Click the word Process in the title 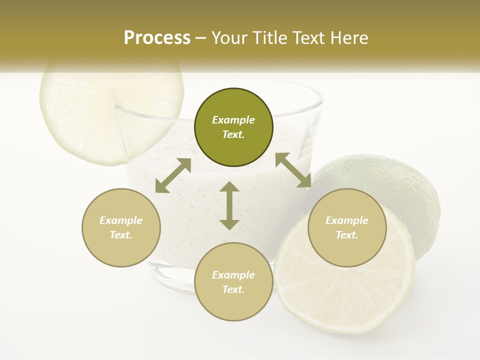click(157, 38)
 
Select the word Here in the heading click(348, 38)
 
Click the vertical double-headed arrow click(229, 205)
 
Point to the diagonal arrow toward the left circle click(173, 175)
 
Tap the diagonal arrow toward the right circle click(293, 170)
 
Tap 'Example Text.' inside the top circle click(233, 127)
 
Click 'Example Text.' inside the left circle click(121, 227)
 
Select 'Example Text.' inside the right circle click(347, 227)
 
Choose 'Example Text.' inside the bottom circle click(233, 282)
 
